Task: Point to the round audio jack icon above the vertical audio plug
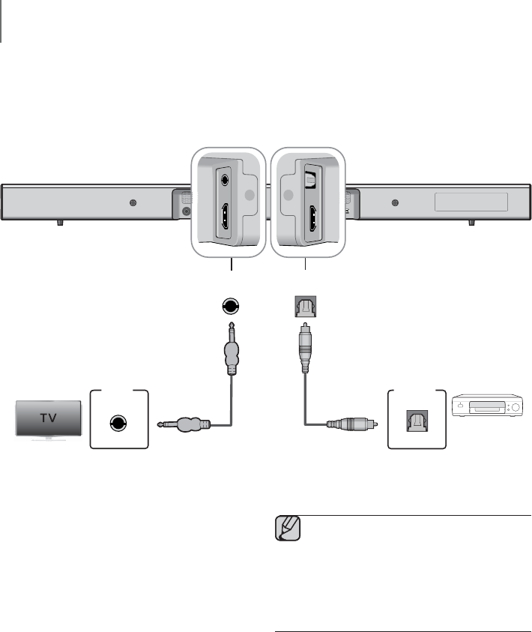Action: (231, 306)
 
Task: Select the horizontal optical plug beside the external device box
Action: (348, 424)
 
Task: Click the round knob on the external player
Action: (516, 409)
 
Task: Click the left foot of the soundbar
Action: (61, 223)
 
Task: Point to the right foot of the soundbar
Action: (471, 223)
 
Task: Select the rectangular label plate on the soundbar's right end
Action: (470, 202)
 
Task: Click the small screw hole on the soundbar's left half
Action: (134, 203)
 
